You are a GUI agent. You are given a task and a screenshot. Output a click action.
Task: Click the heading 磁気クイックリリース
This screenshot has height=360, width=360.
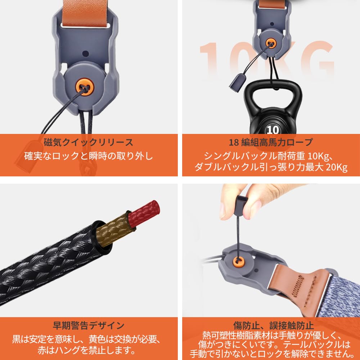pos(89,142)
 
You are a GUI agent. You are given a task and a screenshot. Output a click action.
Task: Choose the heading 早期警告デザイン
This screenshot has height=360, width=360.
pos(89,326)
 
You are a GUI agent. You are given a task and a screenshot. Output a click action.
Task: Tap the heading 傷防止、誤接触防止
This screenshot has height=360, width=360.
pos(271,326)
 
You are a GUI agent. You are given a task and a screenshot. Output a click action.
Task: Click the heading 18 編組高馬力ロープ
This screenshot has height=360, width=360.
pos(271,142)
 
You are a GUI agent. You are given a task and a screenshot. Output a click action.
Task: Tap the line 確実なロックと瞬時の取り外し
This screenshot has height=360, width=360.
pos(89,156)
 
